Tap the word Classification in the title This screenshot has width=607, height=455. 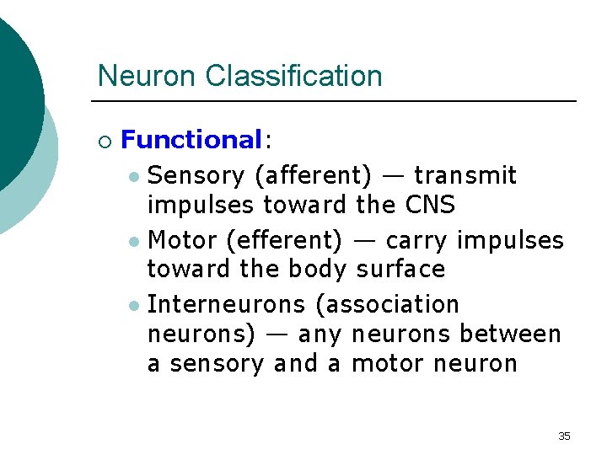pyautogui.click(x=293, y=76)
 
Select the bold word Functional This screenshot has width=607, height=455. pyautogui.click(x=192, y=140)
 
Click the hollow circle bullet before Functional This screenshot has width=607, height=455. pyautogui.click(x=104, y=141)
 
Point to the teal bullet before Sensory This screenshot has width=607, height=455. pyautogui.click(x=135, y=177)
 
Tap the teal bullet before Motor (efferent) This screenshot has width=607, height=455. pyautogui.click(x=135, y=242)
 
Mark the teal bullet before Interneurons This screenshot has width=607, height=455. pyautogui.click(x=135, y=305)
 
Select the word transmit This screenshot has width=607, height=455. pyautogui.click(x=465, y=175)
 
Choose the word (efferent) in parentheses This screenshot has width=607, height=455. pyautogui.click(x=284, y=240)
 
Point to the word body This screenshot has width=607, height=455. pyautogui.click(x=317, y=270)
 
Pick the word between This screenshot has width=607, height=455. pyautogui.click(x=510, y=335)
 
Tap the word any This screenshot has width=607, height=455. pyautogui.click(x=320, y=335)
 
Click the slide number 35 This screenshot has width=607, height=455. pyautogui.click(x=564, y=436)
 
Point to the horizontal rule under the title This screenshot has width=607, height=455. pyautogui.click(x=337, y=101)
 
